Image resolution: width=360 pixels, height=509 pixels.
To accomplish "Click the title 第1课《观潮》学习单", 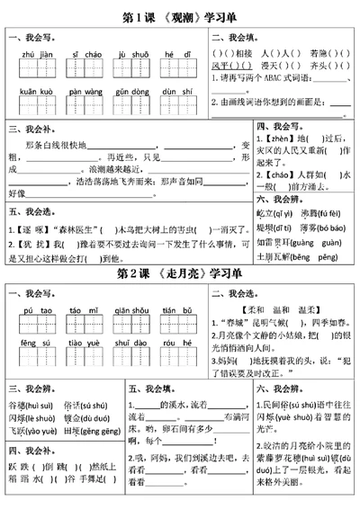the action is tap(180, 16).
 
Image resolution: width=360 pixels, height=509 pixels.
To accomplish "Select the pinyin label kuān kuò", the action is tap(33, 91).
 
